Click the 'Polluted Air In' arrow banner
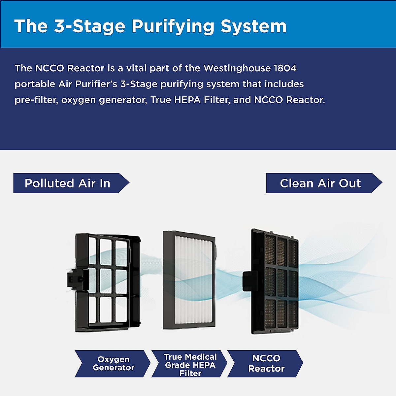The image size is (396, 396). pyautogui.click(x=71, y=183)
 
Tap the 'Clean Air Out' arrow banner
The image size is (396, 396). pyautogui.click(x=324, y=183)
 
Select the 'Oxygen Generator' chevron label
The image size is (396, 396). pyautogui.click(x=113, y=364)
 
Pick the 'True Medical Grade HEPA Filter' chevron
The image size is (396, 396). pyautogui.click(x=189, y=364)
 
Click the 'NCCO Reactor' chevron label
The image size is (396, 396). pyautogui.click(x=265, y=364)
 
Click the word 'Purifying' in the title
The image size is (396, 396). pyautogui.click(x=173, y=26)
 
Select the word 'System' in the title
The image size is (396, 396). pyautogui.click(x=253, y=26)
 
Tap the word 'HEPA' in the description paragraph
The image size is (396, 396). pyautogui.click(x=187, y=100)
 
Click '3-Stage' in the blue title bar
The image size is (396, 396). pyautogui.click(x=90, y=26)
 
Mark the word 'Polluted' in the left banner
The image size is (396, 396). pyautogui.click(x=49, y=183)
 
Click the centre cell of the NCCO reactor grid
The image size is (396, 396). pyautogui.click(x=282, y=283)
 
